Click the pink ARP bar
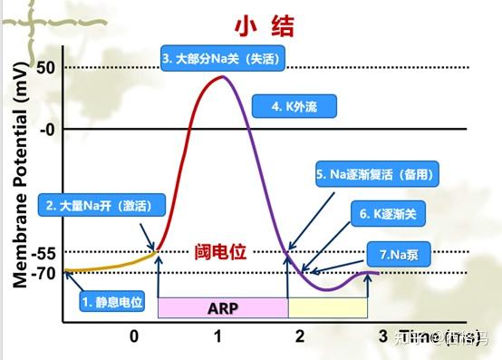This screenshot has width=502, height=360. coord(222,306)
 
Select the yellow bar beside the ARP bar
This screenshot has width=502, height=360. coord(328,306)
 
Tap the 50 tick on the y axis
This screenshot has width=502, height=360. coord(46,67)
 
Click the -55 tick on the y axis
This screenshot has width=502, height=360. coord(44,252)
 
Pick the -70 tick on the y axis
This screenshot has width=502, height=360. coord(44,271)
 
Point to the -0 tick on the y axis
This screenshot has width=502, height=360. coord(46,129)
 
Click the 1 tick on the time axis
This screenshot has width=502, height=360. coord(217,336)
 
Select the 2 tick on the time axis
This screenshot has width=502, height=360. coord(300,336)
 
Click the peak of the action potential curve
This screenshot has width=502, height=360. coord(220,76)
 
